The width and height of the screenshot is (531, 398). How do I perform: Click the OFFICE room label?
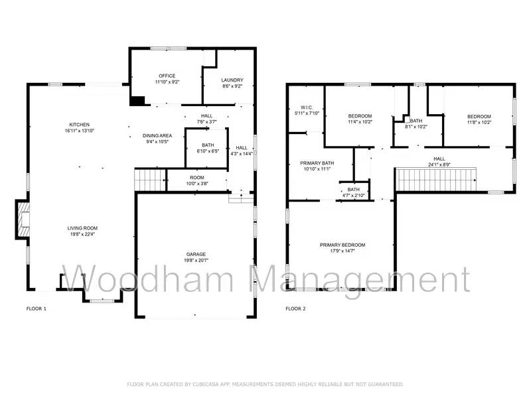(167, 76)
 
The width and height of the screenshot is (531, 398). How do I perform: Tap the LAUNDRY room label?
(232, 80)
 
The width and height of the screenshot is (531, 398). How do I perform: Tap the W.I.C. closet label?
(306, 107)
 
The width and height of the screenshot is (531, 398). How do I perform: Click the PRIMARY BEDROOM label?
(342, 245)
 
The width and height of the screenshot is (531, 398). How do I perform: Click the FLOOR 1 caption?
(37, 309)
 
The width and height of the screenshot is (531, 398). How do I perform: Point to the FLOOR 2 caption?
(295, 309)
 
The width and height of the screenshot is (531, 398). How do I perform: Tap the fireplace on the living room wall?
(23, 220)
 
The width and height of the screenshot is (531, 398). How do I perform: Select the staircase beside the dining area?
(150, 179)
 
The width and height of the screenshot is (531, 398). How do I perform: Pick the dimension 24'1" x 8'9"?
(439, 165)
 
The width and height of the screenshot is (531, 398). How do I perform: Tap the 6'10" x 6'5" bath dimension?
(208, 151)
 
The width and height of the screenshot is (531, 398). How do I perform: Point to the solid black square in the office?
(137, 101)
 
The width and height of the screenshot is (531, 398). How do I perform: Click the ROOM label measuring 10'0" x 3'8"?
(196, 177)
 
